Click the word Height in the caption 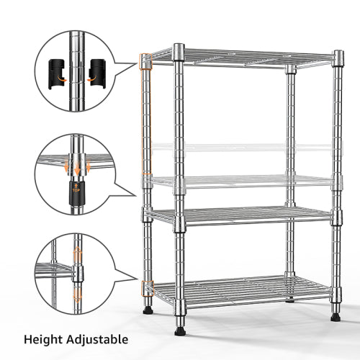tap(45, 338)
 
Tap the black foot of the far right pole tap(336, 315)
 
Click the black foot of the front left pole tap(148, 311)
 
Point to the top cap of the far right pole tap(338, 55)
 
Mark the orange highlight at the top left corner tap(147, 61)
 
